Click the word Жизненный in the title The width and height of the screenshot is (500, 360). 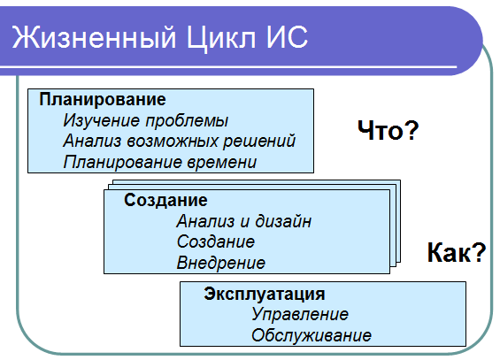click(x=95, y=37)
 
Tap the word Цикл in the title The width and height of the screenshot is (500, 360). click(x=221, y=39)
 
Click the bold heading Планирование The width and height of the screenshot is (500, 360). click(x=103, y=99)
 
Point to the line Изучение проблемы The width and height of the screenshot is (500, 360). click(x=146, y=121)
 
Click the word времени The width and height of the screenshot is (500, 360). click(x=221, y=162)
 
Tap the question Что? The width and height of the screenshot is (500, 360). click(x=388, y=130)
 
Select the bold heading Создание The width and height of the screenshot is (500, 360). click(x=165, y=201)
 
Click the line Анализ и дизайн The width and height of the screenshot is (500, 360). click(x=244, y=221)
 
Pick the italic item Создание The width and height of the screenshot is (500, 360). click(x=216, y=241)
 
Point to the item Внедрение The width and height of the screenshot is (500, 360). click(x=221, y=263)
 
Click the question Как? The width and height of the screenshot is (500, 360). click(x=457, y=252)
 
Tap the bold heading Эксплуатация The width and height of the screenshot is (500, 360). click(x=265, y=294)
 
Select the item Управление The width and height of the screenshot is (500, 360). click(x=300, y=314)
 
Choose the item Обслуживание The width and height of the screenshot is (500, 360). click(x=312, y=335)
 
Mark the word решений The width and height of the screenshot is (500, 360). click(x=259, y=142)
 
